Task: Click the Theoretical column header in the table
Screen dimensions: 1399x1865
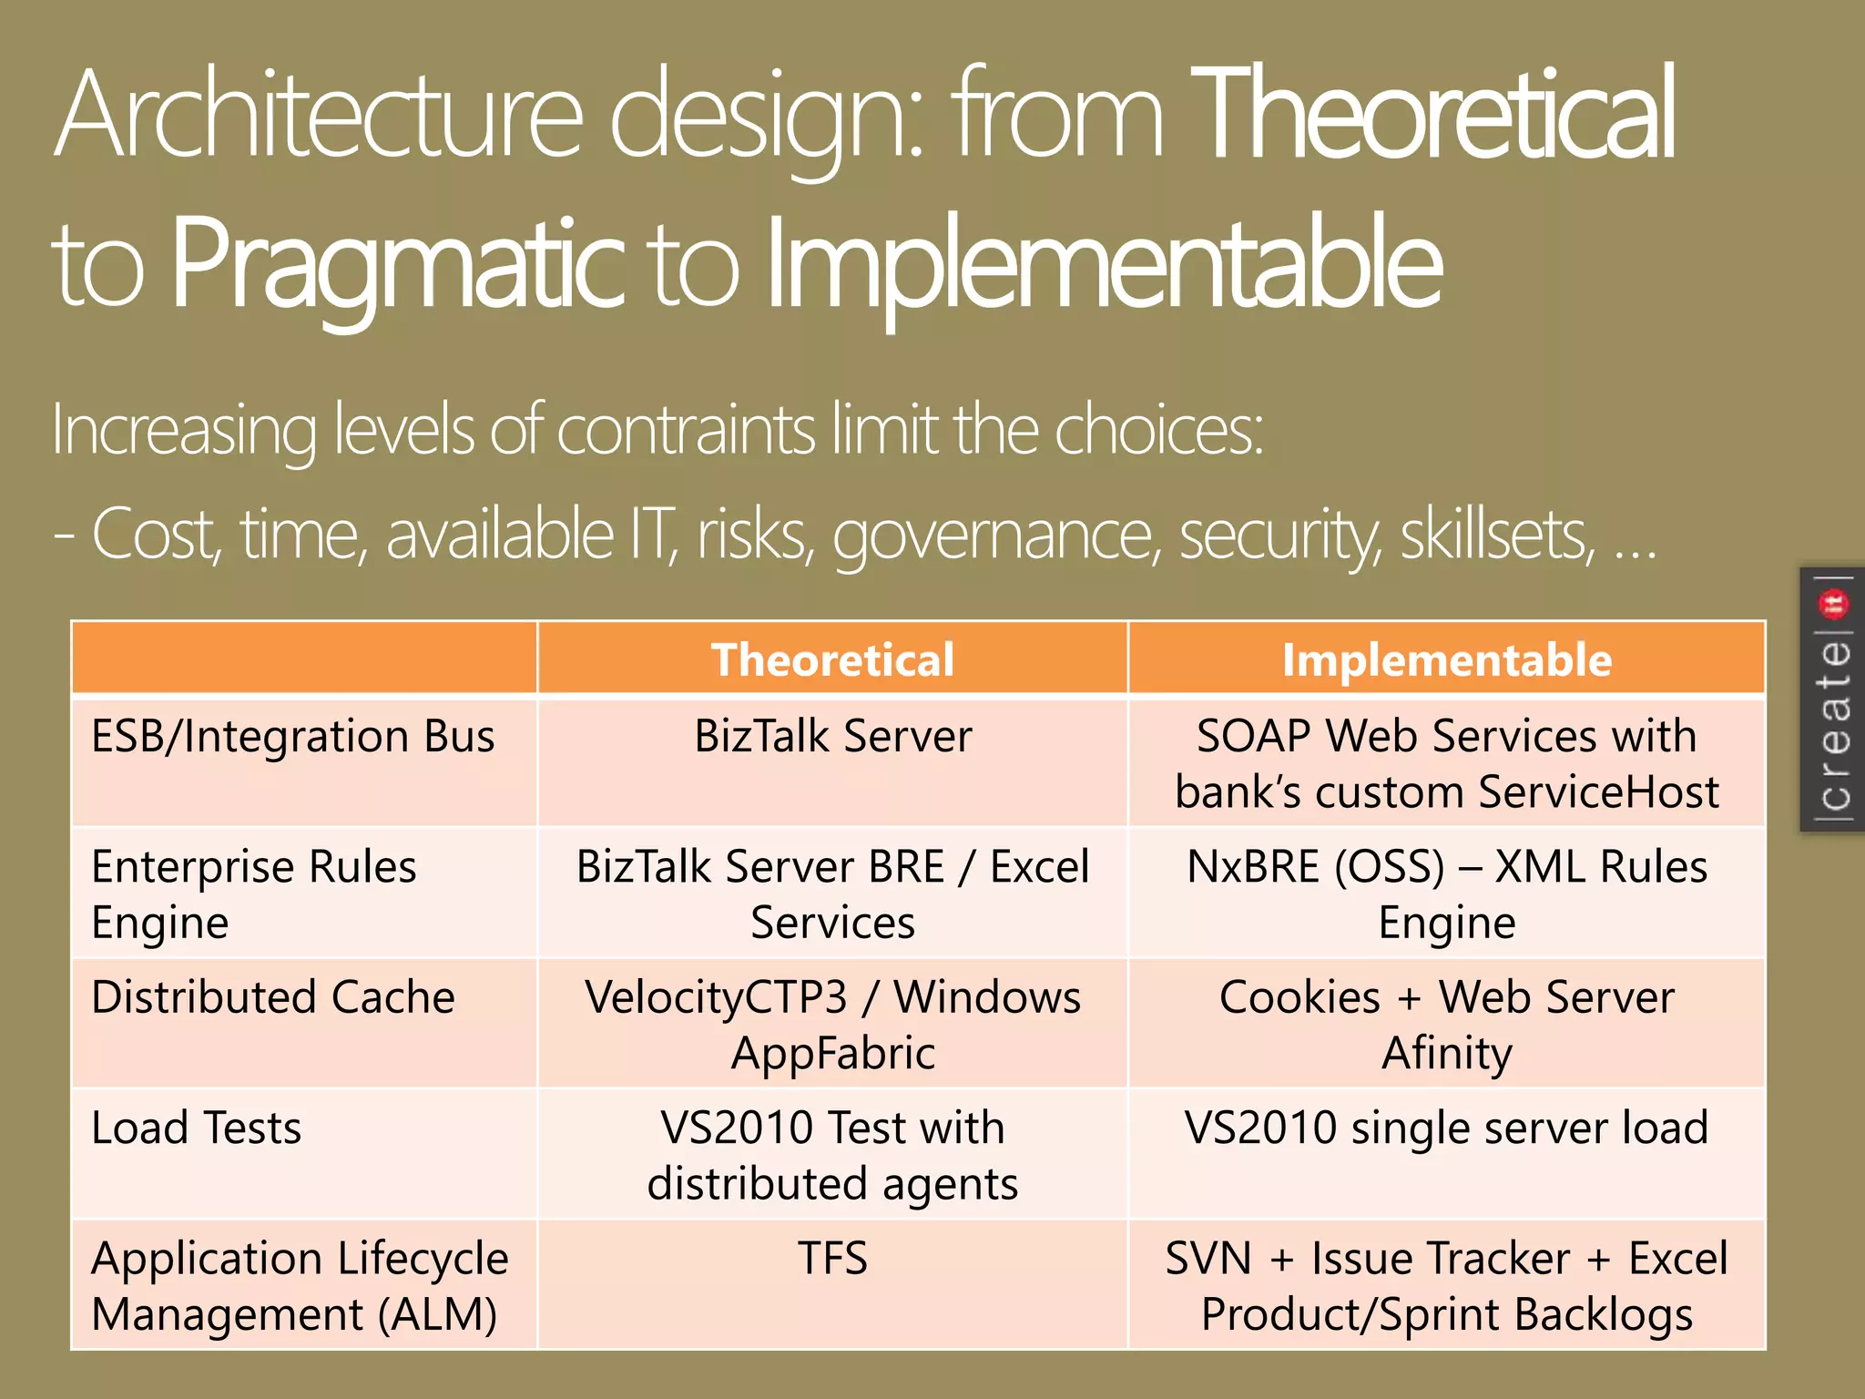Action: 832,659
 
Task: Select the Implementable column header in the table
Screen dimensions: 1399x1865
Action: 1446,659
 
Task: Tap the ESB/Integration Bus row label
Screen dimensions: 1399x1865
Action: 293,736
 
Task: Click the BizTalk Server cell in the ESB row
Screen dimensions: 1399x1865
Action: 832,736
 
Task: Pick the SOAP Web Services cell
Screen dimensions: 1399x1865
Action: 1446,763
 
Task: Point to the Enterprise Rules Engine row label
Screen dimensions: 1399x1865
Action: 254,894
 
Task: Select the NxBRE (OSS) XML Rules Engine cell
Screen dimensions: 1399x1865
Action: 1446,894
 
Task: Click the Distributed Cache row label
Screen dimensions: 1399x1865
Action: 273,997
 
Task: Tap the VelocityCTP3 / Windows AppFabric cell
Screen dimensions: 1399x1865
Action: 832,1025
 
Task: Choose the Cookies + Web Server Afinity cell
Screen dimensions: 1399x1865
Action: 1446,1025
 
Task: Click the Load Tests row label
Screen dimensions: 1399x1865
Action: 197,1128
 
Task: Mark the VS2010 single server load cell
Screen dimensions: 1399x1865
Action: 1446,1128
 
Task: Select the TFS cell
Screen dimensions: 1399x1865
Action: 832,1259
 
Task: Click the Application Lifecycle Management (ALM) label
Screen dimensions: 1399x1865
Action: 299,1286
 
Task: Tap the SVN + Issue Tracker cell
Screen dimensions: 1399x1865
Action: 1446,1286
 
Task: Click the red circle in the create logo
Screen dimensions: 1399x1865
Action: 1832,603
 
